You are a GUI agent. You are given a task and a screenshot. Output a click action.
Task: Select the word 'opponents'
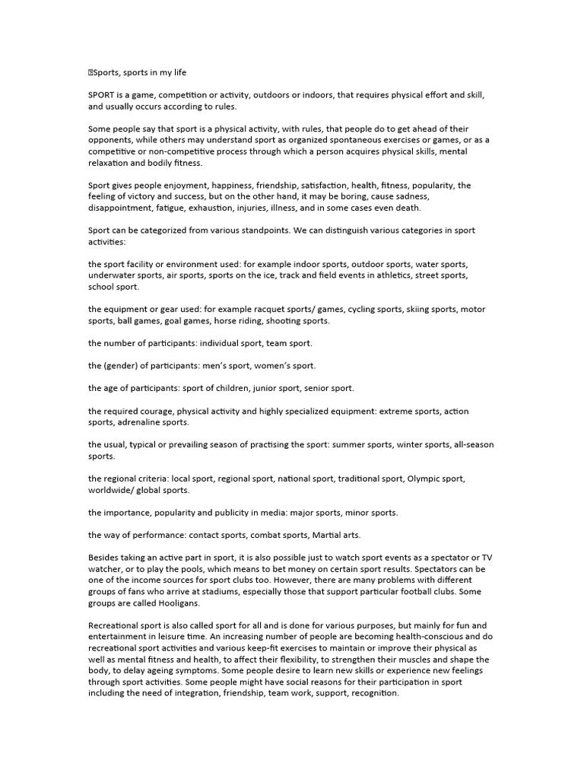[x=111, y=140]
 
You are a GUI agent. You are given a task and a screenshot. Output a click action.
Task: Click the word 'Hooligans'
[x=174, y=603]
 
